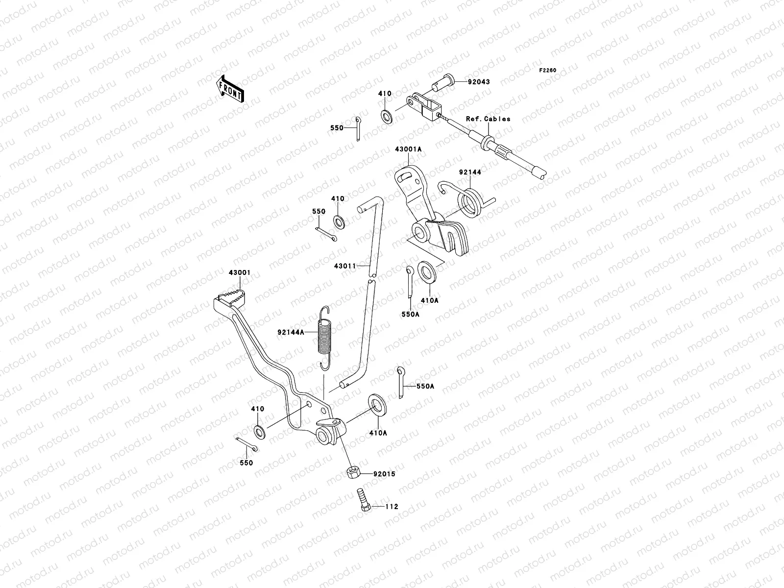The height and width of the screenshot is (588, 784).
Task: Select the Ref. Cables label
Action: [x=488, y=119]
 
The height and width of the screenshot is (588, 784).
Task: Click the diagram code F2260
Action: [x=548, y=71]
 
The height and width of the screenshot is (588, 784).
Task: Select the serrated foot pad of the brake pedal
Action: [x=232, y=296]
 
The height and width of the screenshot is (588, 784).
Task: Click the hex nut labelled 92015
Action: [x=354, y=473]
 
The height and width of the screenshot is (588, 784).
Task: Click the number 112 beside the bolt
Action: [x=392, y=507]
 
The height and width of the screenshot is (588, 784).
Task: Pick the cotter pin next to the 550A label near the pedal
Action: [x=401, y=382]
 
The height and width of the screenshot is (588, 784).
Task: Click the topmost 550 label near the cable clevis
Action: [x=337, y=127]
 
